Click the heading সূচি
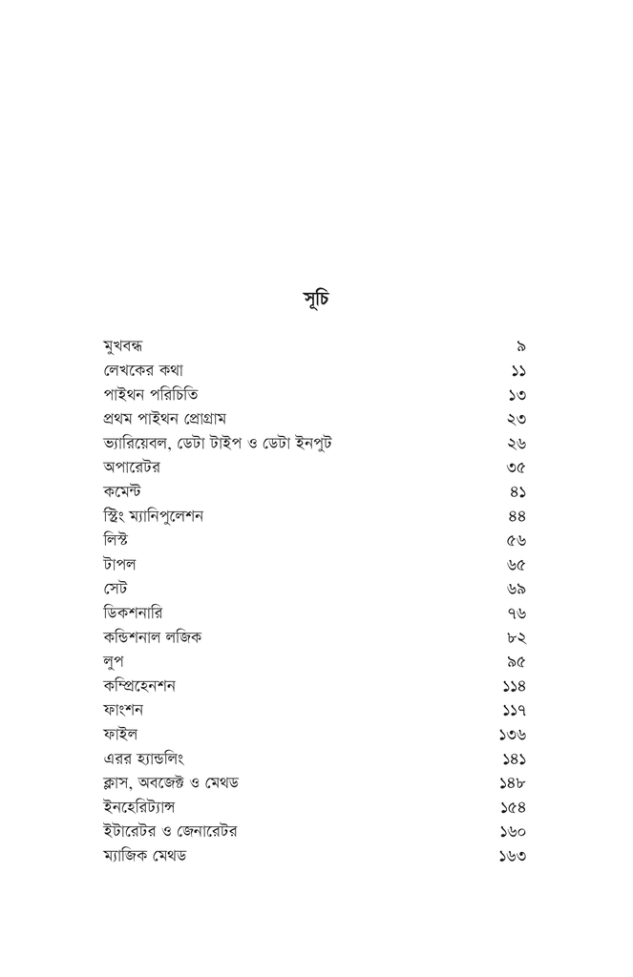click(316, 298)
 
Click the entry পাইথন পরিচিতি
click(150, 395)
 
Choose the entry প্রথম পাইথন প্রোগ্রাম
click(167, 419)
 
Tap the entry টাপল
click(119, 565)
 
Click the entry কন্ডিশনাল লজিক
click(152, 637)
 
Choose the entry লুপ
click(114, 661)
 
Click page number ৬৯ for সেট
click(517, 590)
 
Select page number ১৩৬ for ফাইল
click(513, 735)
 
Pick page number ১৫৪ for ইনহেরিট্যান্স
click(514, 808)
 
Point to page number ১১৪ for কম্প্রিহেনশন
click(514, 686)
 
